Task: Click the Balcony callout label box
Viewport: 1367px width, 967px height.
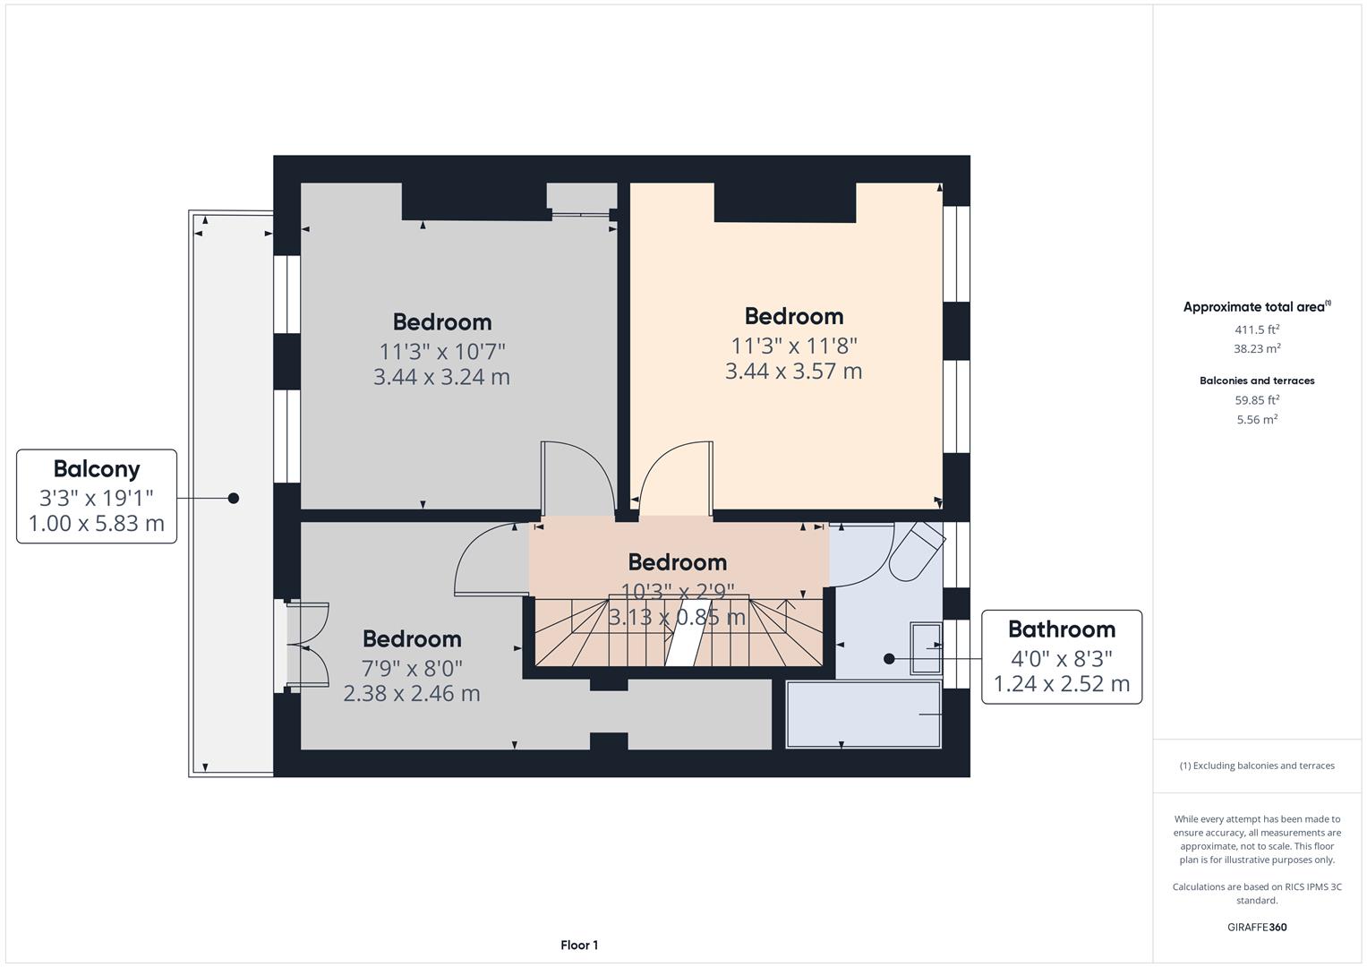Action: (97, 496)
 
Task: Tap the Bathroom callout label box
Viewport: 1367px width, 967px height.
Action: (1062, 656)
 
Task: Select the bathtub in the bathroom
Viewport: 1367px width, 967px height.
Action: (864, 715)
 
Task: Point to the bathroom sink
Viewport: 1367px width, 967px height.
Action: (926, 647)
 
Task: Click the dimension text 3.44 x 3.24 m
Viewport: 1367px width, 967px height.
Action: (441, 377)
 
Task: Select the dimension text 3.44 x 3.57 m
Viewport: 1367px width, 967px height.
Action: (793, 372)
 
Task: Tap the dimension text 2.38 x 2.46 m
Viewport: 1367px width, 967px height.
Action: (412, 694)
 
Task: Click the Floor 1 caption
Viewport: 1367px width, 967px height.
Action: (579, 945)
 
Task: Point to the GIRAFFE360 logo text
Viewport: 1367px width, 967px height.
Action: (1257, 927)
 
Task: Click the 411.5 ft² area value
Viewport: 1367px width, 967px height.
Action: (1257, 329)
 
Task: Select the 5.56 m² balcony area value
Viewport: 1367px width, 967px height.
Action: (1257, 419)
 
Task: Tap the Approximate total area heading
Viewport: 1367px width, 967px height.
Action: (1257, 307)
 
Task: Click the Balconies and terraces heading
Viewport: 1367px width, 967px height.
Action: (1257, 381)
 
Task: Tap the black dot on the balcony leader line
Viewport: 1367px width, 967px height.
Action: (234, 498)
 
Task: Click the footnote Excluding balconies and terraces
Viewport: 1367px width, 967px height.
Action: (1257, 766)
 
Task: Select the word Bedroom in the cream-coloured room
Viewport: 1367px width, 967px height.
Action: (793, 316)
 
